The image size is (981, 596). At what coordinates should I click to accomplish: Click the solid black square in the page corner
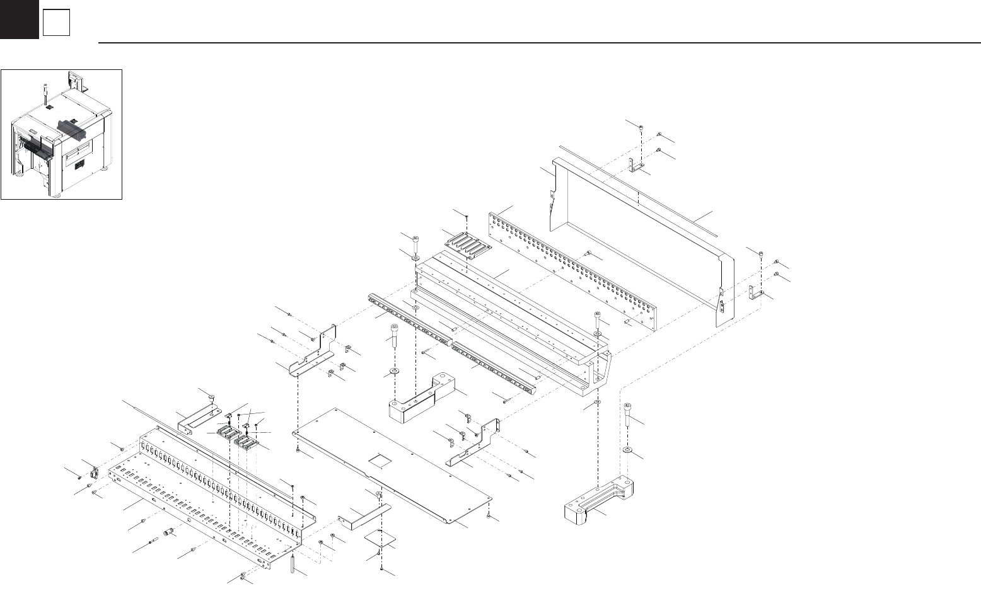pos(19,19)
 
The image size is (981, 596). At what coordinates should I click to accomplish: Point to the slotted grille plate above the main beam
pos(467,244)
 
